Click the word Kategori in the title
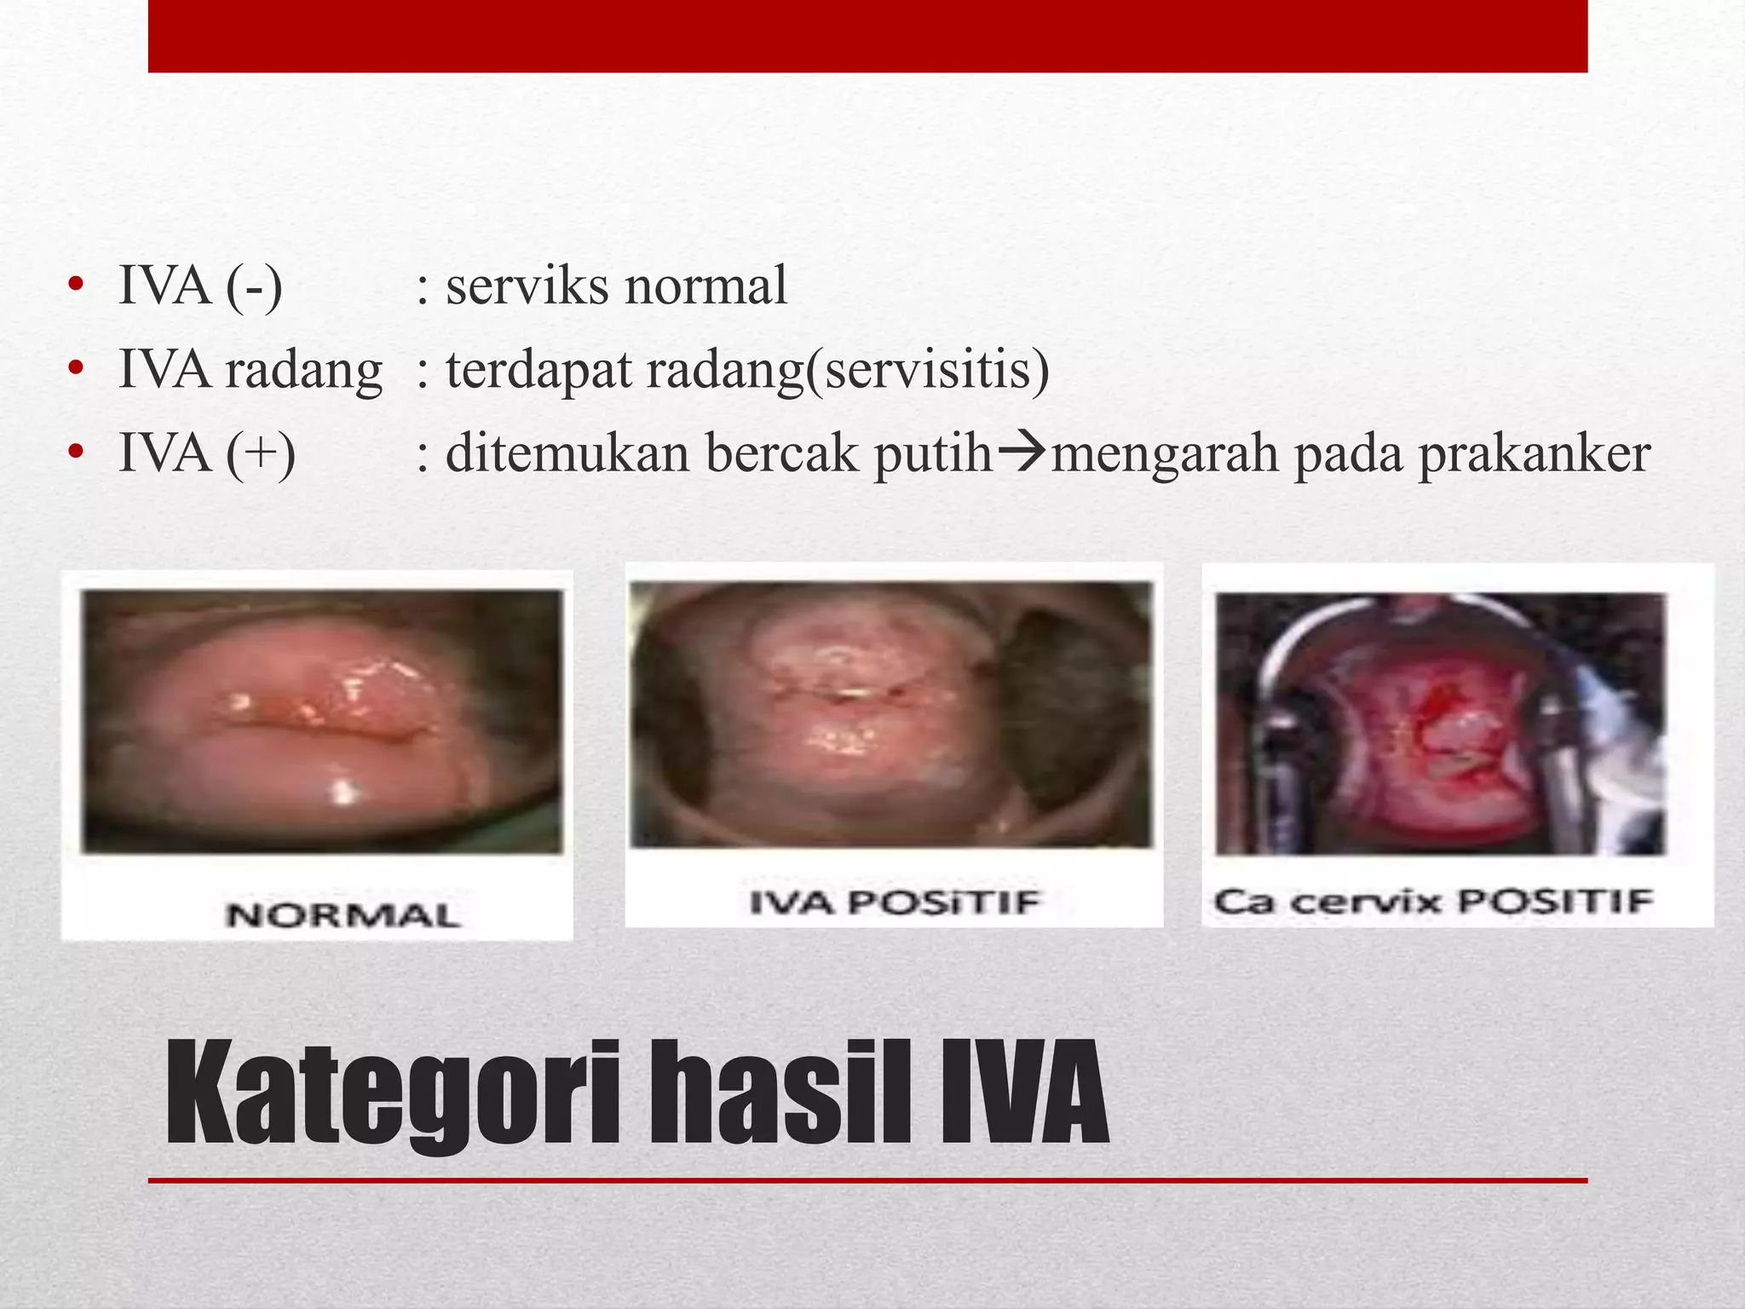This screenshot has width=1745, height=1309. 392,1093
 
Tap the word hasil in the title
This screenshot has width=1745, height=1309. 782,1093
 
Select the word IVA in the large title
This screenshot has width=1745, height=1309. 1022,1093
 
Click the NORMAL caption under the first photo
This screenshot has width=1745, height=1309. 343,915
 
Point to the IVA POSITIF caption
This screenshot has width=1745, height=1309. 895,902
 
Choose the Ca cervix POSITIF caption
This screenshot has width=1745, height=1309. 1434,901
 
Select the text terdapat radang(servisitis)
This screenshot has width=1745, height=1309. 747,371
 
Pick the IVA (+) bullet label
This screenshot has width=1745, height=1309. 207,453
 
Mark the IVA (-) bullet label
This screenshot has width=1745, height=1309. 200,285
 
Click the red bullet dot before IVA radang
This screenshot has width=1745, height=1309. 76,369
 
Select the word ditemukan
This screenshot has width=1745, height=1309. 567,453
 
